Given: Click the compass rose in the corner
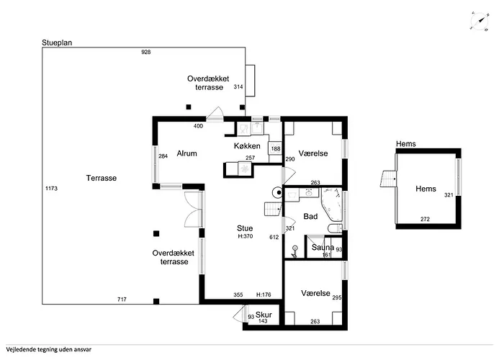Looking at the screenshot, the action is tap(480, 22).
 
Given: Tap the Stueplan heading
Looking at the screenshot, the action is tap(57, 42).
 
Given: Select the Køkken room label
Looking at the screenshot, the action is tap(247, 146).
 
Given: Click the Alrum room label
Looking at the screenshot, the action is tap(186, 153).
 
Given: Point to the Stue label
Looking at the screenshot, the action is tap(245, 228).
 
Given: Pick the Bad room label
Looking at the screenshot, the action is tap(310, 216).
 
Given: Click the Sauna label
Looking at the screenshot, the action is tap(323, 247).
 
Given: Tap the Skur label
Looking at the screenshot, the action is tap(264, 315).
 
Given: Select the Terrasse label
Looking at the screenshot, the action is tap(102, 178).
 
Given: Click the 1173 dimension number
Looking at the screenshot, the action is tap(51, 189).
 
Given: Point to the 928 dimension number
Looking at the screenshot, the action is tap(146, 52).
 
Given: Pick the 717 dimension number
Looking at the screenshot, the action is tap(122, 300).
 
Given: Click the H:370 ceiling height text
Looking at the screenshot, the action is tap(246, 236).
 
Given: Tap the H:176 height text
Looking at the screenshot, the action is tap(264, 294).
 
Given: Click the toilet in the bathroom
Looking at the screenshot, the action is tap(335, 228).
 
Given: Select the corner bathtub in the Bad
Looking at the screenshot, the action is tap(332, 204).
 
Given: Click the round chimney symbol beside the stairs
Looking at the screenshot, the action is tap(277, 193).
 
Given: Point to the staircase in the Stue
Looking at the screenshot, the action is tap(273, 209).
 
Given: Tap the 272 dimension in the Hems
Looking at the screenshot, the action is tap(425, 219).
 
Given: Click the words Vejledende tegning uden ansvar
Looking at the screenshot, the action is tap(48, 349).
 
